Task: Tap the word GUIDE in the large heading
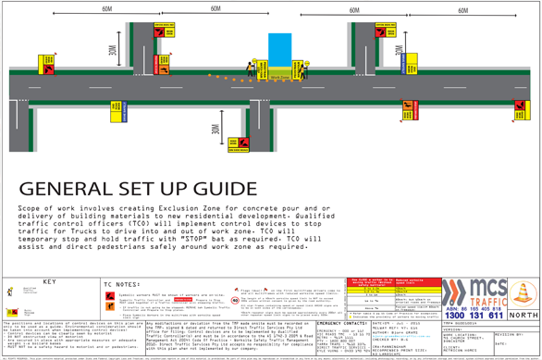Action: point(220,190)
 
